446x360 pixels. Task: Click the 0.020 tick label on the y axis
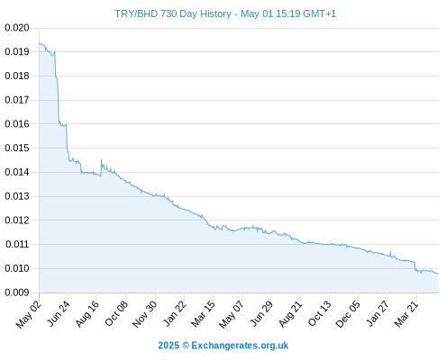(17, 28)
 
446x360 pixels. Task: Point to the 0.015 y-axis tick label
(17, 148)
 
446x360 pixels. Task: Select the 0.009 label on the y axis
(17, 292)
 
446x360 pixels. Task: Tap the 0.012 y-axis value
(17, 220)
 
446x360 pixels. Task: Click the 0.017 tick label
(17, 100)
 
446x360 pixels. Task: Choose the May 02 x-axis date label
(29, 314)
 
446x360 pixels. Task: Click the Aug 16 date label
(87, 313)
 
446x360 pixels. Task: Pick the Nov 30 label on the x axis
(145, 314)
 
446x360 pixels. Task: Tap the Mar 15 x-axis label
(203, 313)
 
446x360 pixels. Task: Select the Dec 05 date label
(348, 314)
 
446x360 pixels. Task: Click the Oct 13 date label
(320, 313)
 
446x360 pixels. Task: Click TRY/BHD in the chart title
(136, 13)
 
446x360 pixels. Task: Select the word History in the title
(215, 14)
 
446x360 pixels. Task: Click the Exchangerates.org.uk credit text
(240, 346)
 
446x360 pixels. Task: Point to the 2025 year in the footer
(168, 346)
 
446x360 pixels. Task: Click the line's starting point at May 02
(40, 43)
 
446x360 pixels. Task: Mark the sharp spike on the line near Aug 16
(101, 159)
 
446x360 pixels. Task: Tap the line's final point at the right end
(438, 274)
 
